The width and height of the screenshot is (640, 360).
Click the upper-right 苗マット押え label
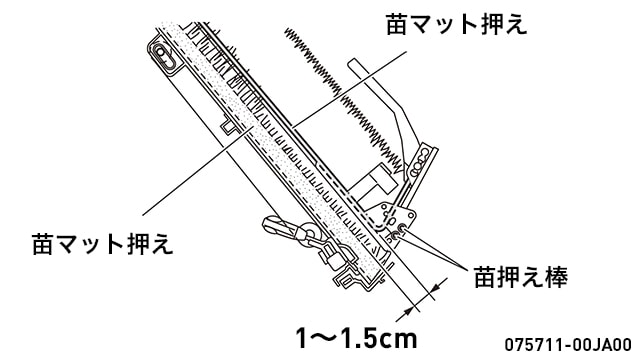456,24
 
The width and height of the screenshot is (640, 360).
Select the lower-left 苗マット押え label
102,244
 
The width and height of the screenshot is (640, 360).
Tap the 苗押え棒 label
520,277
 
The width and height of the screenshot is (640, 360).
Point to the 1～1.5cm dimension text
357,338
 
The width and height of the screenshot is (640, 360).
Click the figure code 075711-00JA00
568,344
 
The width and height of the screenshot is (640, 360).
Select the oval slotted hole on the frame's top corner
164,56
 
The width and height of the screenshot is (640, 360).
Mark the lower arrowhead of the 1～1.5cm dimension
408,311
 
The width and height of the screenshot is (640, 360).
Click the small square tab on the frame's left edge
228,126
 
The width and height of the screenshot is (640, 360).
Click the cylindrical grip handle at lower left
280,227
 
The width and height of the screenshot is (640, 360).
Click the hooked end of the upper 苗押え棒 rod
402,228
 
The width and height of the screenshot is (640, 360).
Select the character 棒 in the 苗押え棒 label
556,277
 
